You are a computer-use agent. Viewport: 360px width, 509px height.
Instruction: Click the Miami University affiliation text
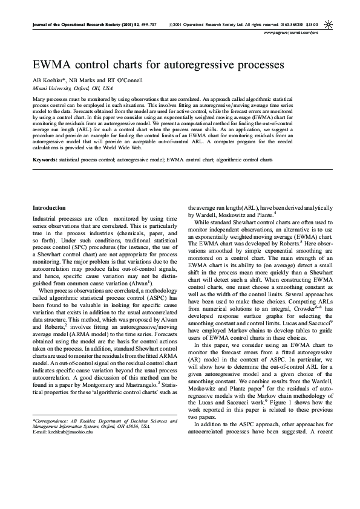53,88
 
